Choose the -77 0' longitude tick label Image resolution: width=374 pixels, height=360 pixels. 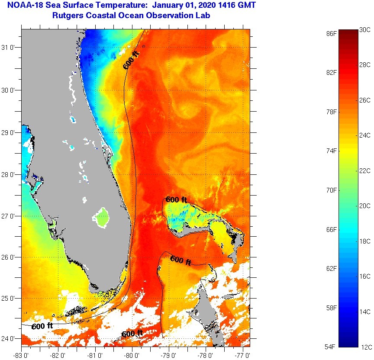tap(244, 355)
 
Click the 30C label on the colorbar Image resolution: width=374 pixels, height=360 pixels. tap(365, 29)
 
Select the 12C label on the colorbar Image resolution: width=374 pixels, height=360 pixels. tap(365, 347)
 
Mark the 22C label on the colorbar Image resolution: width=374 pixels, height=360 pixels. tap(365, 170)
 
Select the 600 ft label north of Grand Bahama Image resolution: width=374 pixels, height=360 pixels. tap(176, 199)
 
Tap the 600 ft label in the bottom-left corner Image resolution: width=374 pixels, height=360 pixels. tap(42, 326)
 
